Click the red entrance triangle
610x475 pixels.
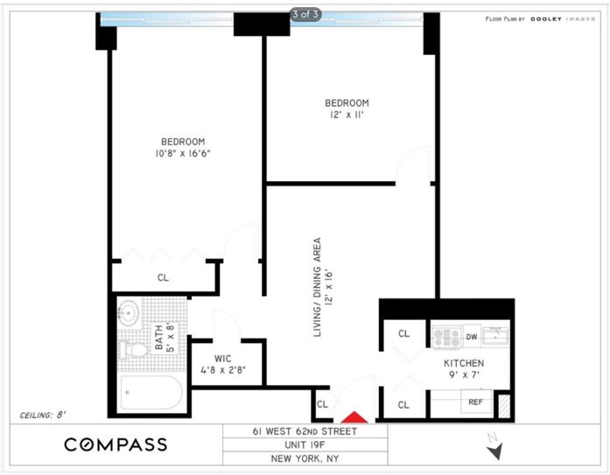[x=356, y=417]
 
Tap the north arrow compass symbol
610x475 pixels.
[x=496, y=450]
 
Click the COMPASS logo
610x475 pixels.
[x=116, y=444]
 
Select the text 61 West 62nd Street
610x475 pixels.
[x=303, y=430]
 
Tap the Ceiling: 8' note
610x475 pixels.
[x=42, y=415]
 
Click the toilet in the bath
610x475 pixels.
[x=133, y=351]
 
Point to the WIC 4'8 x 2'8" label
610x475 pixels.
[x=222, y=363]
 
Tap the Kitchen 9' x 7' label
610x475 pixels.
[x=463, y=368]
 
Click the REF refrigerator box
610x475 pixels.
[x=475, y=402]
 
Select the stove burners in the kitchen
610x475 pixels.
[x=445, y=336]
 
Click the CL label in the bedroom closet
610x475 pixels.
[x=163, y=277]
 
